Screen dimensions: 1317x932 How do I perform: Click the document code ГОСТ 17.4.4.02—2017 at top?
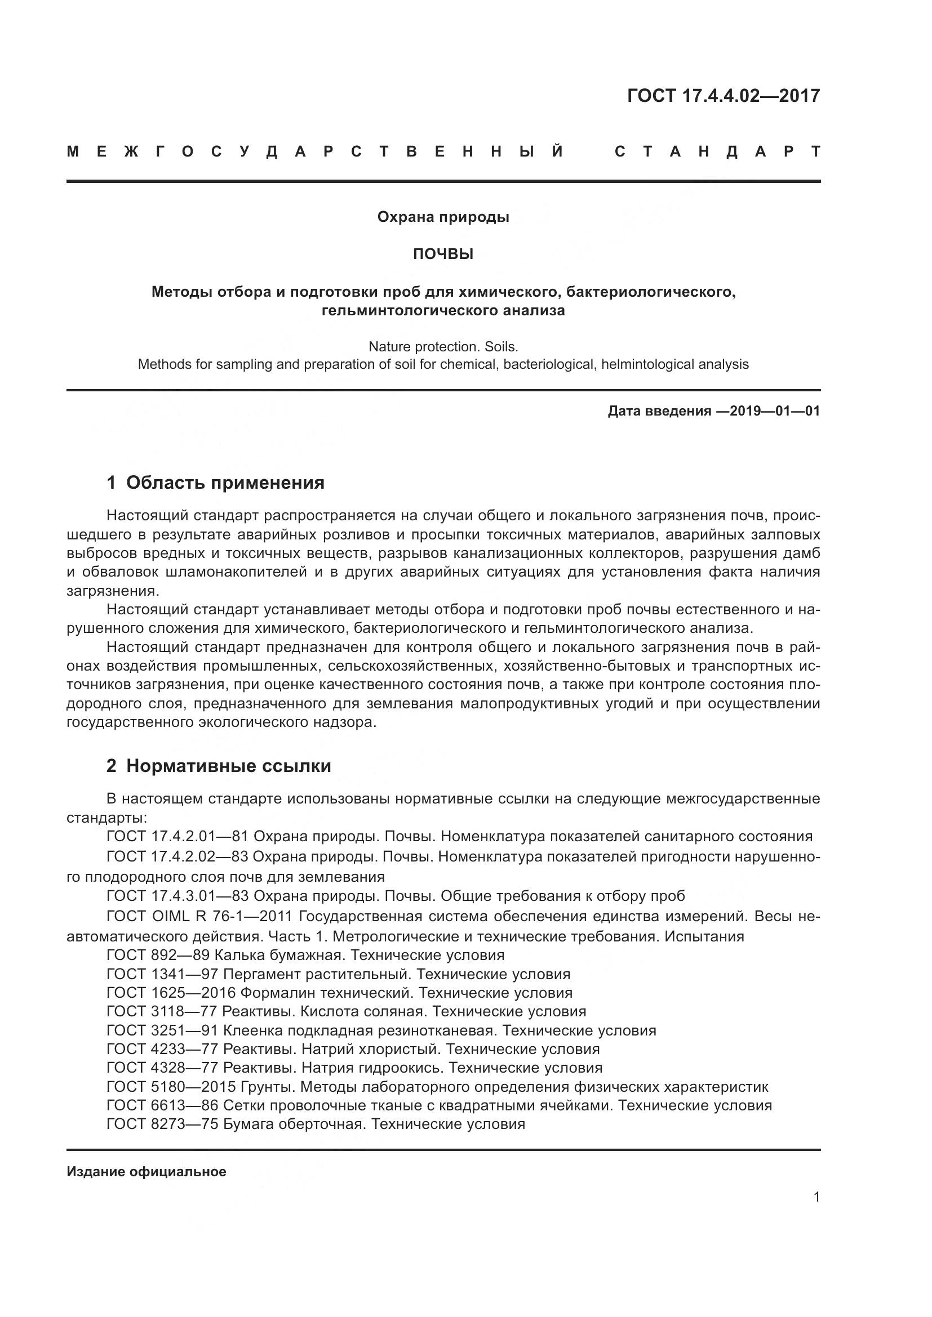pos(722,96)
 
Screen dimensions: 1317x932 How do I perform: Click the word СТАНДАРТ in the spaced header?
pos(717,152)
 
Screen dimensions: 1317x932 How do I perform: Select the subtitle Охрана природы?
pos(443,217)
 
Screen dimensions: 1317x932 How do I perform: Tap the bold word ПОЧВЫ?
pos(443,254)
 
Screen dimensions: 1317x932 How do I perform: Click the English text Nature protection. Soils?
pos(443,346)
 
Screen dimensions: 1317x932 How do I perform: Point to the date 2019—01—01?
pos(775,410)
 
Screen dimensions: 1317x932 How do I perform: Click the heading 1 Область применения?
pos(215,483)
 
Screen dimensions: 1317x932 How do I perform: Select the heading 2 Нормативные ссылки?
pos(219,766)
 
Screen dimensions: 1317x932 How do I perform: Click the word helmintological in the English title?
pos(639,364)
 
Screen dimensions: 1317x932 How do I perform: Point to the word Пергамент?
pos(261,974)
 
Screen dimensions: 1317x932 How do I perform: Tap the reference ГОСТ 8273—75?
pos(162,1124)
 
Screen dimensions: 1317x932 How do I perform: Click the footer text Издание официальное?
pos(147,1171)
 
